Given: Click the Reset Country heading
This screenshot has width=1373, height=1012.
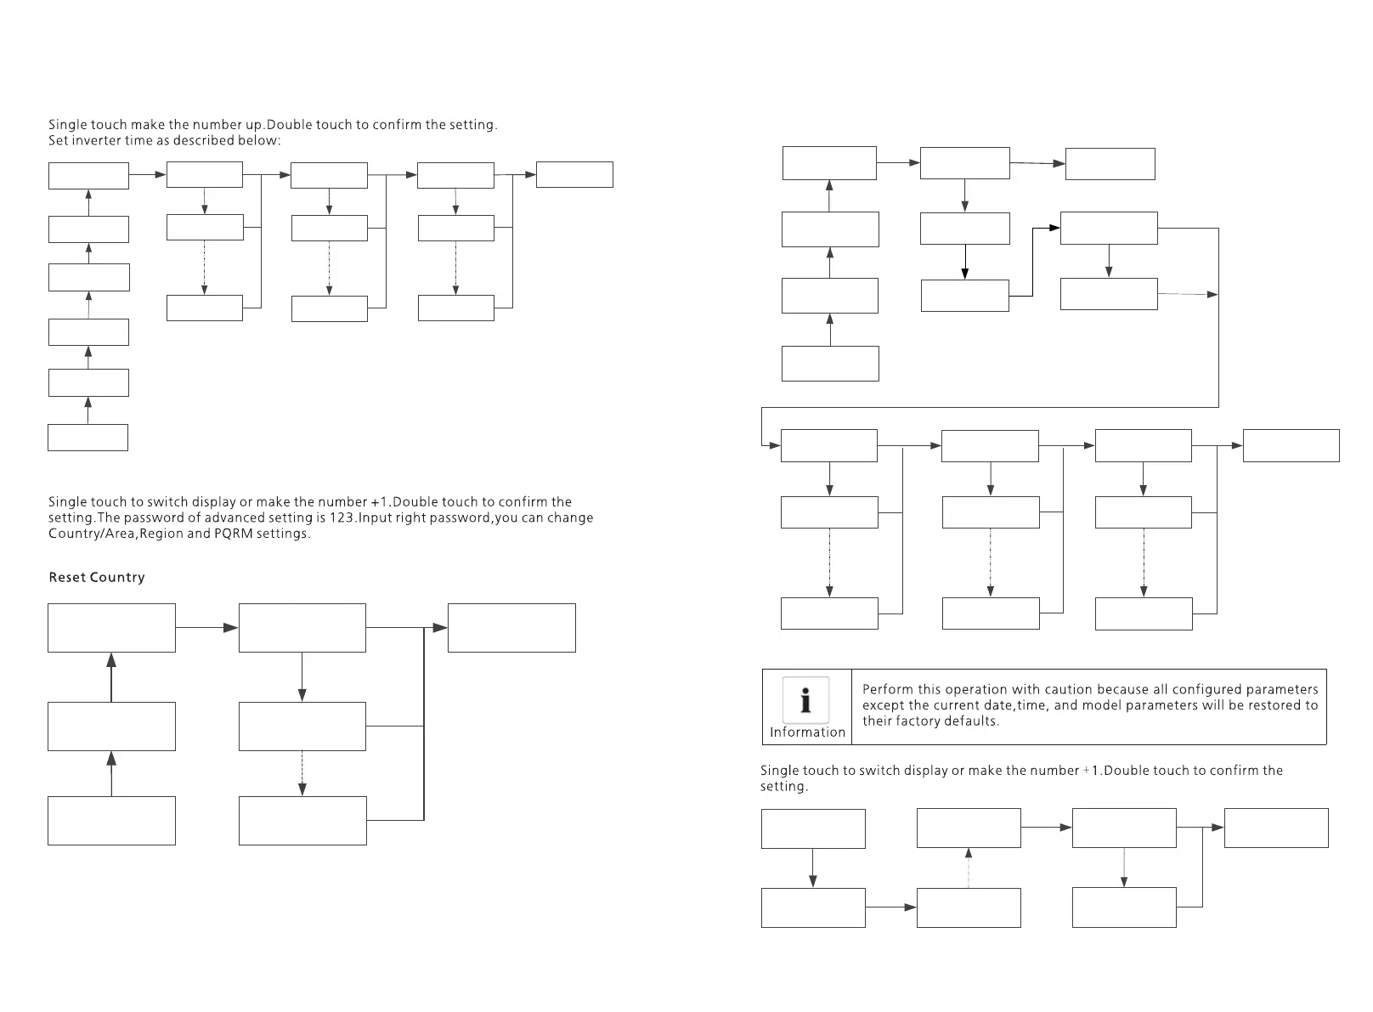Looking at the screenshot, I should point(97,578).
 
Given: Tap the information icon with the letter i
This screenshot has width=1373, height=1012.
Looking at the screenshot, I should point(805,699).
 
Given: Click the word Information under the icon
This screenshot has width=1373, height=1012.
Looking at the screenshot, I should point(807,732).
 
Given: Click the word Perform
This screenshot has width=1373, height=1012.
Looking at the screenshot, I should point(888,690).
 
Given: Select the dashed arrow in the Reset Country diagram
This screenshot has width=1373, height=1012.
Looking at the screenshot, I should point(302,773).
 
